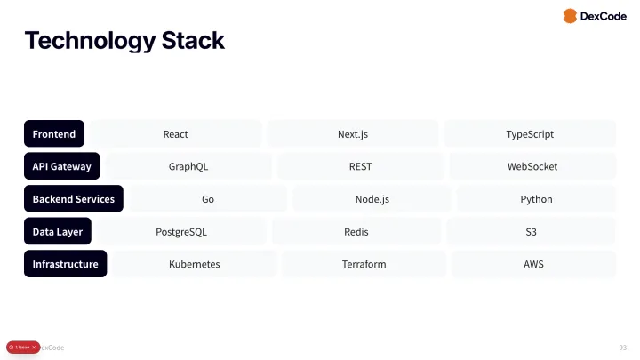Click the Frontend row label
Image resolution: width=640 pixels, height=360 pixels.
pyautogui.click(x=54, y=134)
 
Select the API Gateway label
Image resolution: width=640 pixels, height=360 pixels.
pyautogui.click(x=62, y=166)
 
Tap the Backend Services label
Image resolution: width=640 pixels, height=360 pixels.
pyautogui.click(x=74, y=199)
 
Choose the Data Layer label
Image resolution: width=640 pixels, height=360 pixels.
pyautogui.click(x=58, y=232)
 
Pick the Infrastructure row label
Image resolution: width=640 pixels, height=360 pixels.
pyautogui.click(x=66, y=264)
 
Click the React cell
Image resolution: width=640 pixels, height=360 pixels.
pyautogui.click(x=176, y=134)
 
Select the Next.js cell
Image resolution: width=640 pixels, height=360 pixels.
pyautogui.click(x=353, y=134)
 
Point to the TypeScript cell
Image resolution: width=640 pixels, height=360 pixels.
pyautogui.click(x=530, y=134)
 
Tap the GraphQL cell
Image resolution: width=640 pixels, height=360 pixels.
pyautogui.click(x=188, y=166)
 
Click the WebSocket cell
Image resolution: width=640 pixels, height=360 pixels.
pyautogui.click(x=532, y=166)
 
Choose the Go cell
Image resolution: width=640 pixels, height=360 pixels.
pyautogui.click(x=208, y=199)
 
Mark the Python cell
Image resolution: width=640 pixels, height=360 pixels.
pyautogui.click(x=536, y=199)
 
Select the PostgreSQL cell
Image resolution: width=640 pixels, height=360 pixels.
pyautogui.click(x=181, y=232)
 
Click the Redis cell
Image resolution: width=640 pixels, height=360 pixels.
pyautogui.click(x=356, y=232)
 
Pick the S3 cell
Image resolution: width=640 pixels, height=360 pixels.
pyautogui.click(x=531, y=232)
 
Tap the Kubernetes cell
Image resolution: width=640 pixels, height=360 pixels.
pyautogui.click(x=195, y=264)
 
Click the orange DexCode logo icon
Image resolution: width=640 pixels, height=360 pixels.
pyautogui.click(x=570, y=16)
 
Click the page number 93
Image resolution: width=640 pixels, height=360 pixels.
pyautogui.click(x=622, y=347)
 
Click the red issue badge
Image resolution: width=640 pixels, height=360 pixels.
pyautogui.click(x=23, y=347)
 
